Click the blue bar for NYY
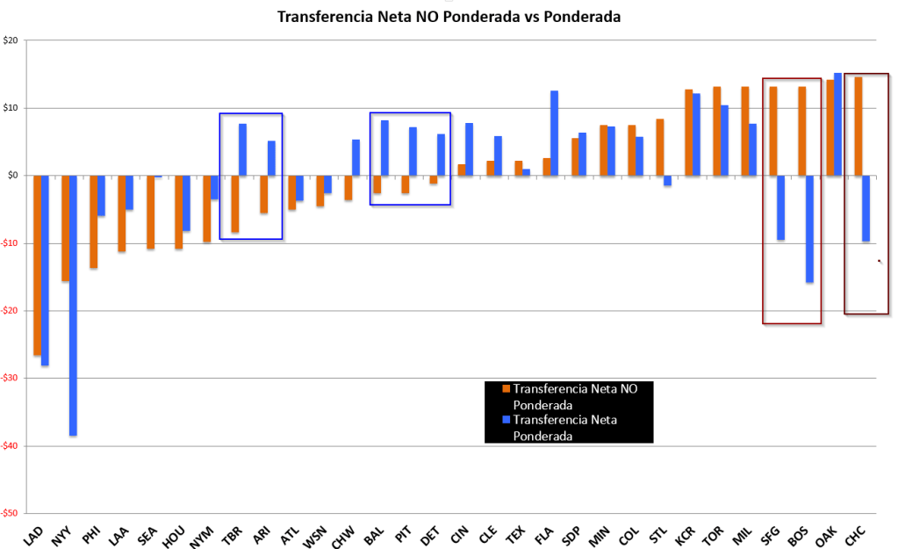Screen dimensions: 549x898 (73, 305)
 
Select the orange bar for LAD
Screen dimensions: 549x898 (37, 265)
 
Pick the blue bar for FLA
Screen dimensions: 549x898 (554, 133)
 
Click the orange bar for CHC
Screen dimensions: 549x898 (858, 126)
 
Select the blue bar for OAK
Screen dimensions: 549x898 (837, 124)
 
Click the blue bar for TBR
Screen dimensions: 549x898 (242, 149)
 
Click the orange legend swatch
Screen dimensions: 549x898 (506, 388)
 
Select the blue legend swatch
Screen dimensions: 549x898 (506, 420)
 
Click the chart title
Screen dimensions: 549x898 (449, 17)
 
